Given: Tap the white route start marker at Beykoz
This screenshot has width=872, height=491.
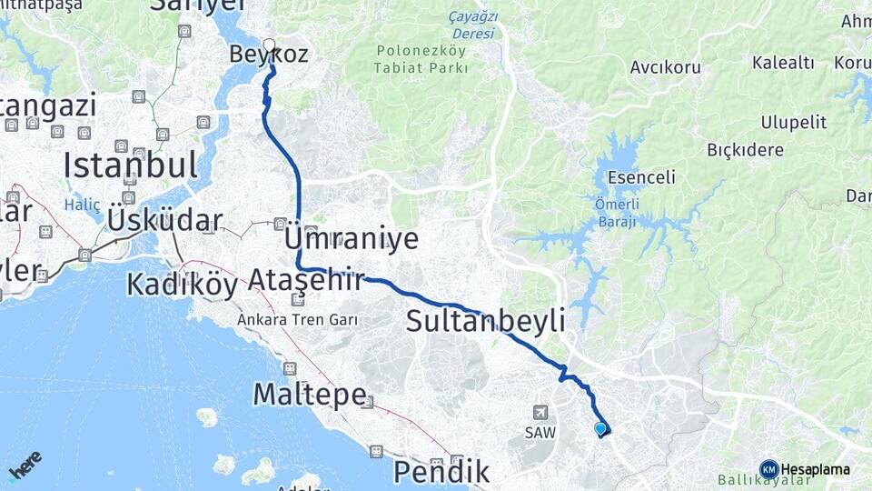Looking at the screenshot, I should pyautogui.click(x=269, y=44).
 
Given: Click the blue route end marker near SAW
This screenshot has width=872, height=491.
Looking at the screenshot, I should pyautogui.click(x=599, y=428).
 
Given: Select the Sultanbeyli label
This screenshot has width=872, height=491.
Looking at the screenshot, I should pyautogui.click(x=485, y=320).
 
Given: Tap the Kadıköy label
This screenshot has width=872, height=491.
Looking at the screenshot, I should pyautogui.click(x=182, y=284).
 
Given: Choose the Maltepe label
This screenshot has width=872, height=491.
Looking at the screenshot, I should pyautogui.click(x=310, y=395).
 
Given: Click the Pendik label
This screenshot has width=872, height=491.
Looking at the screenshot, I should pyautogui.click(x=441, y=471).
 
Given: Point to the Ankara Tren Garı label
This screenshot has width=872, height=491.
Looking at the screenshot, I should pyautogui.click(x=297, y=320).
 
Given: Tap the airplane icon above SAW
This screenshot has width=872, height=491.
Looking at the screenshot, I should pyautogui.click(x=541, y=413).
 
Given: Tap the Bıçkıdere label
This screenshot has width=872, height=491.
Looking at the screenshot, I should pyautogui.click(x=745, y=150).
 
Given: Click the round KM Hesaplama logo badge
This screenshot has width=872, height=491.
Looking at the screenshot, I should pyautogui.click(x=769, y=469).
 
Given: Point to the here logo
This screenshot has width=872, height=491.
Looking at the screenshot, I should pyautogui.click(x=25, y=466).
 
